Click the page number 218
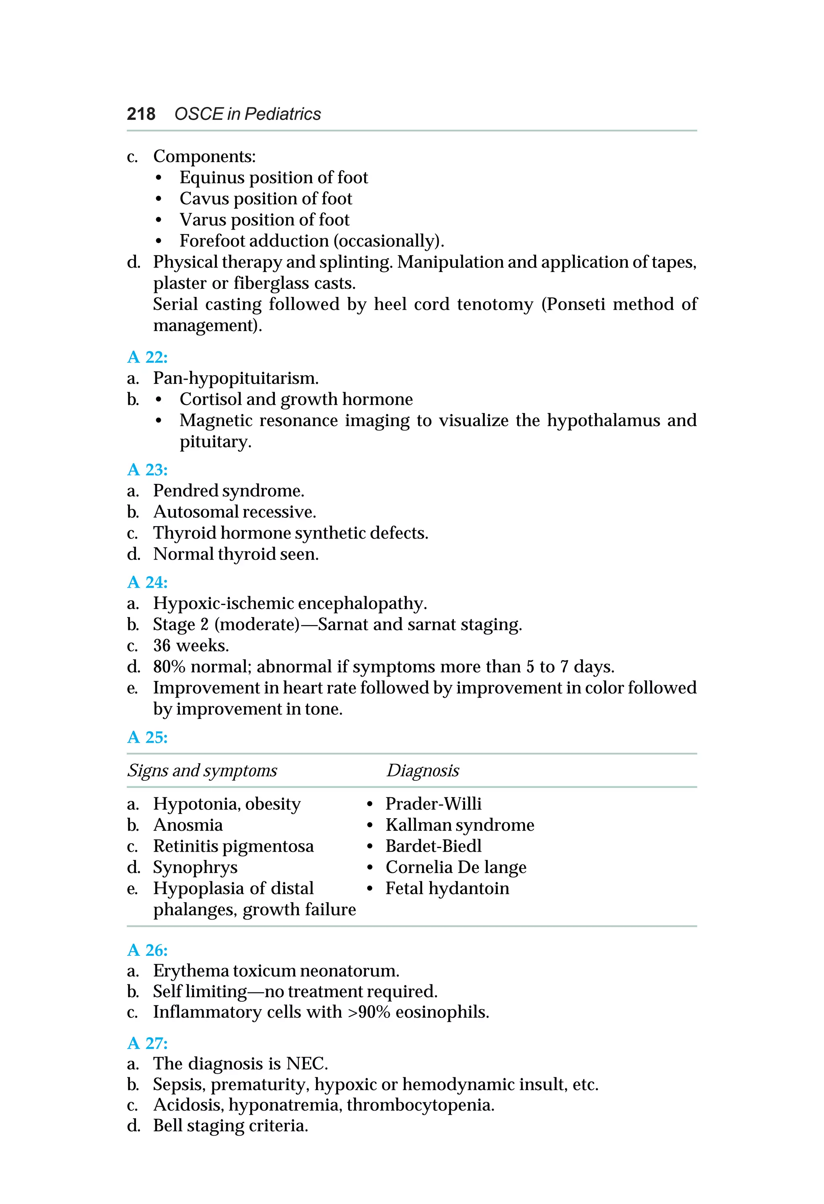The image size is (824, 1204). tap(140, 114)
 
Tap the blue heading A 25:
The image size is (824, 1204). tap(147, 737)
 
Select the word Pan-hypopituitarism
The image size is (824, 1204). tap(235, 378)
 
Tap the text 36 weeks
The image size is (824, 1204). tap(191, 646)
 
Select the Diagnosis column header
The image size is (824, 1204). tap(422, 771)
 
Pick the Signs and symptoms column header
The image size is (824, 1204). tap(202, 771)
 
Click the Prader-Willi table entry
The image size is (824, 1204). tap(433, 804)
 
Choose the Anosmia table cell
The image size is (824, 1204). tap(187, 825)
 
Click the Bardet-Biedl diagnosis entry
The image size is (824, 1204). tap(433, 846)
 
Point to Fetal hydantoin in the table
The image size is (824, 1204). tap(447, 889)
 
